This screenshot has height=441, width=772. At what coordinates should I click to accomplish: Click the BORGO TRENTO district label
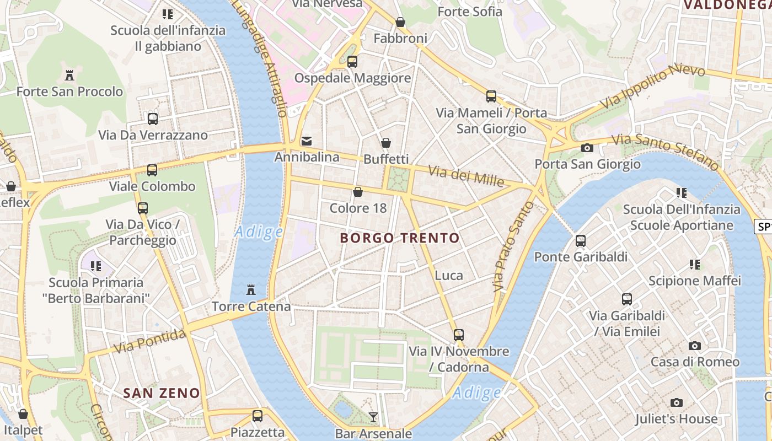(x=400, y=238)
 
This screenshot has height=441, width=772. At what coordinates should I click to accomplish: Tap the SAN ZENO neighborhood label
(x=161, y=393)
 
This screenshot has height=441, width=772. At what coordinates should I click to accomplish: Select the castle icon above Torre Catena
(x=251, y=289)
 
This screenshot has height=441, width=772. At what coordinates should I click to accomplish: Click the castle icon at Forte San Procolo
(x=69, y=75)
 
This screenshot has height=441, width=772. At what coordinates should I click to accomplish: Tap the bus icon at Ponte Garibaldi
(x=581, y=240)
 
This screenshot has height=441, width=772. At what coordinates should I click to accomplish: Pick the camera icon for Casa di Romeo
(x=695, y=346)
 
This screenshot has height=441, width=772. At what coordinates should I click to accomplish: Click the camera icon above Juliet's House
(x=677, y=402)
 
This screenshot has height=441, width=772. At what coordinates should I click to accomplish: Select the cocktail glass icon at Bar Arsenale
(x=373, y=417)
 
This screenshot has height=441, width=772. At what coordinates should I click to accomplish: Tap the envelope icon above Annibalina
(x=307, y=141)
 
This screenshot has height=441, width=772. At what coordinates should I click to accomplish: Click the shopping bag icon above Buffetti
(x=386, y=143)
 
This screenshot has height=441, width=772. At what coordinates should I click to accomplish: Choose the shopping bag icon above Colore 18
(x=358, y=192)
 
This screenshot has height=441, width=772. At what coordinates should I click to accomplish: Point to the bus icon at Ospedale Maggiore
(x=352, y=62)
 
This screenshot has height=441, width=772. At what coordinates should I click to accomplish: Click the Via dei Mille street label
(x=467, y=176)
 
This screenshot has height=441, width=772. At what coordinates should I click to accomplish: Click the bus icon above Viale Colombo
(x=152, y=170)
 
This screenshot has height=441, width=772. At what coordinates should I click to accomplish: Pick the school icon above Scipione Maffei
(x=695, y=265)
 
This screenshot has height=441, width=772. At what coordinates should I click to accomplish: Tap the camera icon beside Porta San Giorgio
(x=587, y=148)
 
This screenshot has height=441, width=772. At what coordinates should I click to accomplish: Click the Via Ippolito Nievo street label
(x=652, y=87)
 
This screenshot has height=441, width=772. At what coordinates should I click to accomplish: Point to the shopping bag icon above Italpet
(x=23, y=413)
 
